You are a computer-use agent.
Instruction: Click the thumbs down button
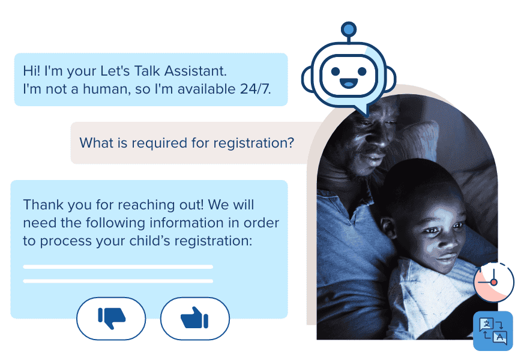pos(111,318)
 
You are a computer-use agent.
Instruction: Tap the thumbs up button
pos(195,318)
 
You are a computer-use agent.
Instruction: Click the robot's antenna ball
pos(349,29)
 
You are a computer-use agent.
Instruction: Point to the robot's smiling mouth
pos(349,83)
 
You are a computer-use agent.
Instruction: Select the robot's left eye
pos(335,71)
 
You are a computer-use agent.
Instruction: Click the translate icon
pos(493,331)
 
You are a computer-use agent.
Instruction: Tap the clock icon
pos(494,282)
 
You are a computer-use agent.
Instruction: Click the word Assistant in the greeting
pos(195,71)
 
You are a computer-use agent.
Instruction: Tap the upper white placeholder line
pos(118,267)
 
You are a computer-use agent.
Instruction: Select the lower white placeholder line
pos(118,281)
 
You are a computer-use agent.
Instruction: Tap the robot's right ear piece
pos(391,79)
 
